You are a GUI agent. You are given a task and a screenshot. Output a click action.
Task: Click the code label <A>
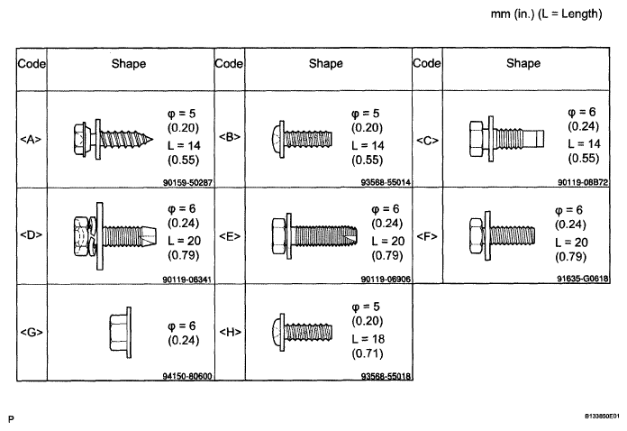31,139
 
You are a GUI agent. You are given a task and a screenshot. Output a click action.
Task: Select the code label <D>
31,234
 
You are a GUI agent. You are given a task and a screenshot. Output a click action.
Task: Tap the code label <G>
32,332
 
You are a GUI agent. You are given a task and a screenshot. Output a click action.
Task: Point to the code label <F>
427,236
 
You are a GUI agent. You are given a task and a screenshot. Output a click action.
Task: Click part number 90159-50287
187,182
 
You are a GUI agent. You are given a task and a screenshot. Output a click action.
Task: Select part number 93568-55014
386,182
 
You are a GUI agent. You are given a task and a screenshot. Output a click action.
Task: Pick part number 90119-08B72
583,182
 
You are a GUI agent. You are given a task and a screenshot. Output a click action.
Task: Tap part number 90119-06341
186,280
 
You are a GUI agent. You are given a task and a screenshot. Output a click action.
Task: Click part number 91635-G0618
583,278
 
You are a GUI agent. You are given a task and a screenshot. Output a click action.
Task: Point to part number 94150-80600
187,376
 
